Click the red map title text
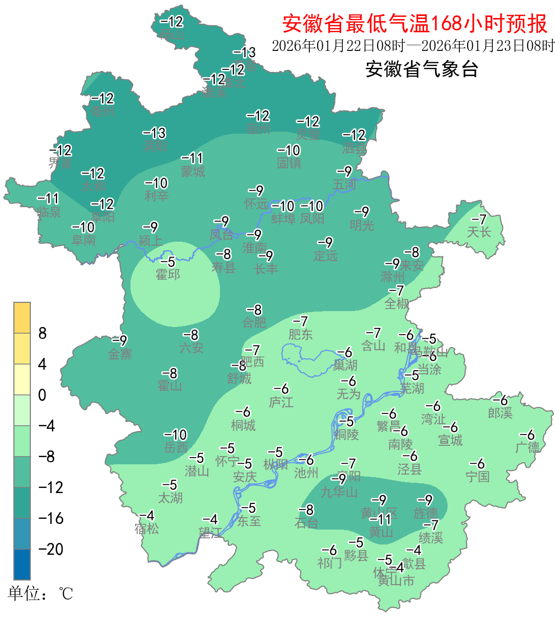[415, 24]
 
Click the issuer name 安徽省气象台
[422, 69]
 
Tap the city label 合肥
[254, 322]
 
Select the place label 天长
[479, 232]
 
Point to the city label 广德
[528, 447]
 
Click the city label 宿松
[147, 529]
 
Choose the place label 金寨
[120, 354]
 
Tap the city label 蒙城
[193, 171]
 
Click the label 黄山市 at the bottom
[396, 581]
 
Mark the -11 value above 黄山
[380, 519]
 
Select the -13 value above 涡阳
[155, 133]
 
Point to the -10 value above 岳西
[176, 434]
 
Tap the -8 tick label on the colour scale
[47, 457]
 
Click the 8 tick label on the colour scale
[43, 333]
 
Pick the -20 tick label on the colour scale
[51, 549]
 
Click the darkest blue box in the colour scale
[22, 564]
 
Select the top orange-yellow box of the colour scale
[22, 318]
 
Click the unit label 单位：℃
[41, 594]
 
